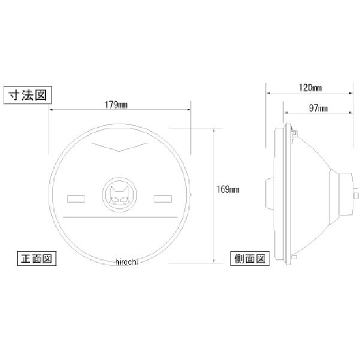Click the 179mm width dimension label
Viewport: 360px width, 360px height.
(116, 105)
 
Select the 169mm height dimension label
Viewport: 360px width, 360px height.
(227, 190)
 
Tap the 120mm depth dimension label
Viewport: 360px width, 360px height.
(310, 88)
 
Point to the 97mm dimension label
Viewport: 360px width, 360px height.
(318, 108)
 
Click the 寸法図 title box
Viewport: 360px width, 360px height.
(28, 95)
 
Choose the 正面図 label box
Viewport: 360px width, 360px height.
(37, 258)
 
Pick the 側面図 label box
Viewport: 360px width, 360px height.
(250, 259)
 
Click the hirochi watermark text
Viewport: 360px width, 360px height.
(127, 262)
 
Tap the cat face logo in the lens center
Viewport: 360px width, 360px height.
(119, 194)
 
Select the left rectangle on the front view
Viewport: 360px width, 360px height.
(76, 199)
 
